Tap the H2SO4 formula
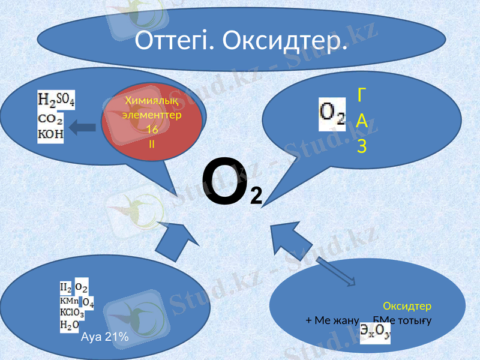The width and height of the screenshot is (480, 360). (56, 100)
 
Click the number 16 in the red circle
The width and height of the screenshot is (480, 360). (152, 130)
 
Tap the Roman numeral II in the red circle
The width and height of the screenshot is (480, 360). (152, 144)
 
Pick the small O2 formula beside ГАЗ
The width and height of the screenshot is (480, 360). (332, 113)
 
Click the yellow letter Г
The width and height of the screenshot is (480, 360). (362, 94)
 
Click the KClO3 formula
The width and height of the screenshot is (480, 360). (71, 313)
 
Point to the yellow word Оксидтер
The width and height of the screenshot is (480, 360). (407, 306)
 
